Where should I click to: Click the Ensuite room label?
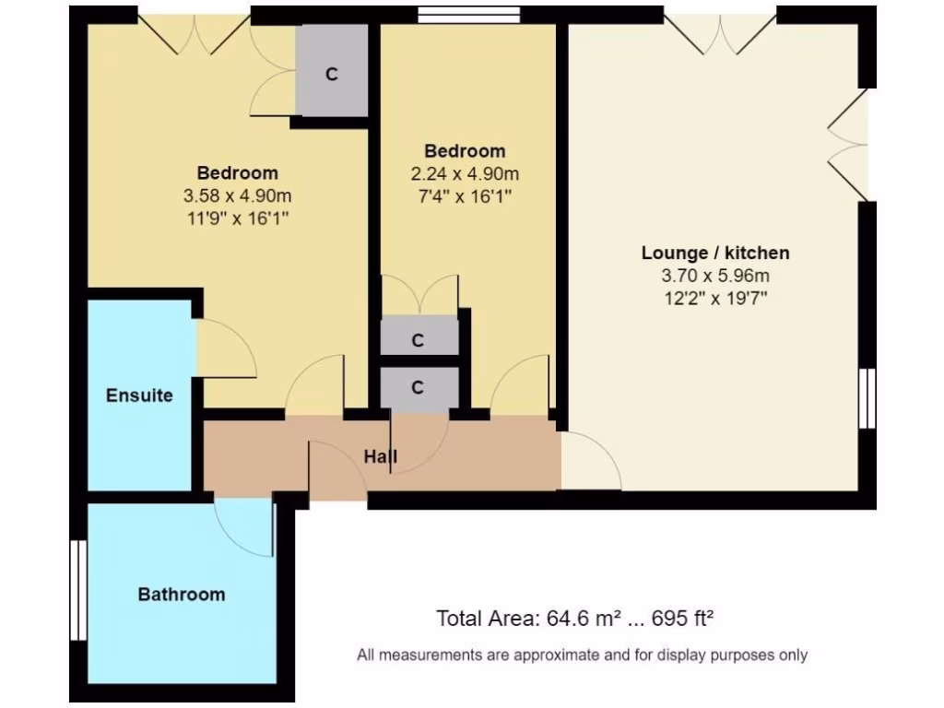tap(139, 395)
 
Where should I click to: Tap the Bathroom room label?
tap(181, 595)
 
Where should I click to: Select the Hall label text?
tap(381, 456)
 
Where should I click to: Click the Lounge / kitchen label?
tap(714, 253)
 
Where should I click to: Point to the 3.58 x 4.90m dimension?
tap(237, 195)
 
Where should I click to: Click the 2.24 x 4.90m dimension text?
tap(465, 173)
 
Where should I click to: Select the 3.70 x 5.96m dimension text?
tap(714, 275)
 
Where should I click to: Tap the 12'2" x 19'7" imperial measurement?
tap(714, 297)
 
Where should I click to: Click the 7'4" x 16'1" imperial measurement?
tap(465, 195)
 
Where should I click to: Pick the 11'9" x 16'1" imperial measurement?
tap(237, 218)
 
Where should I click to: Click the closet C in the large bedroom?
tap(332, 75)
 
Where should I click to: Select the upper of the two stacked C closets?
tap(419, 340)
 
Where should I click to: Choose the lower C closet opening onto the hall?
tap(419, 388)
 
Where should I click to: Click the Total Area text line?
tap(576, 618)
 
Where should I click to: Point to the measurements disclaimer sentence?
tap(582, 655)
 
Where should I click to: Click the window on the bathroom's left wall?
tap(77, 590)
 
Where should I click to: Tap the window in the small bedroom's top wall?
tap(468, 15)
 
